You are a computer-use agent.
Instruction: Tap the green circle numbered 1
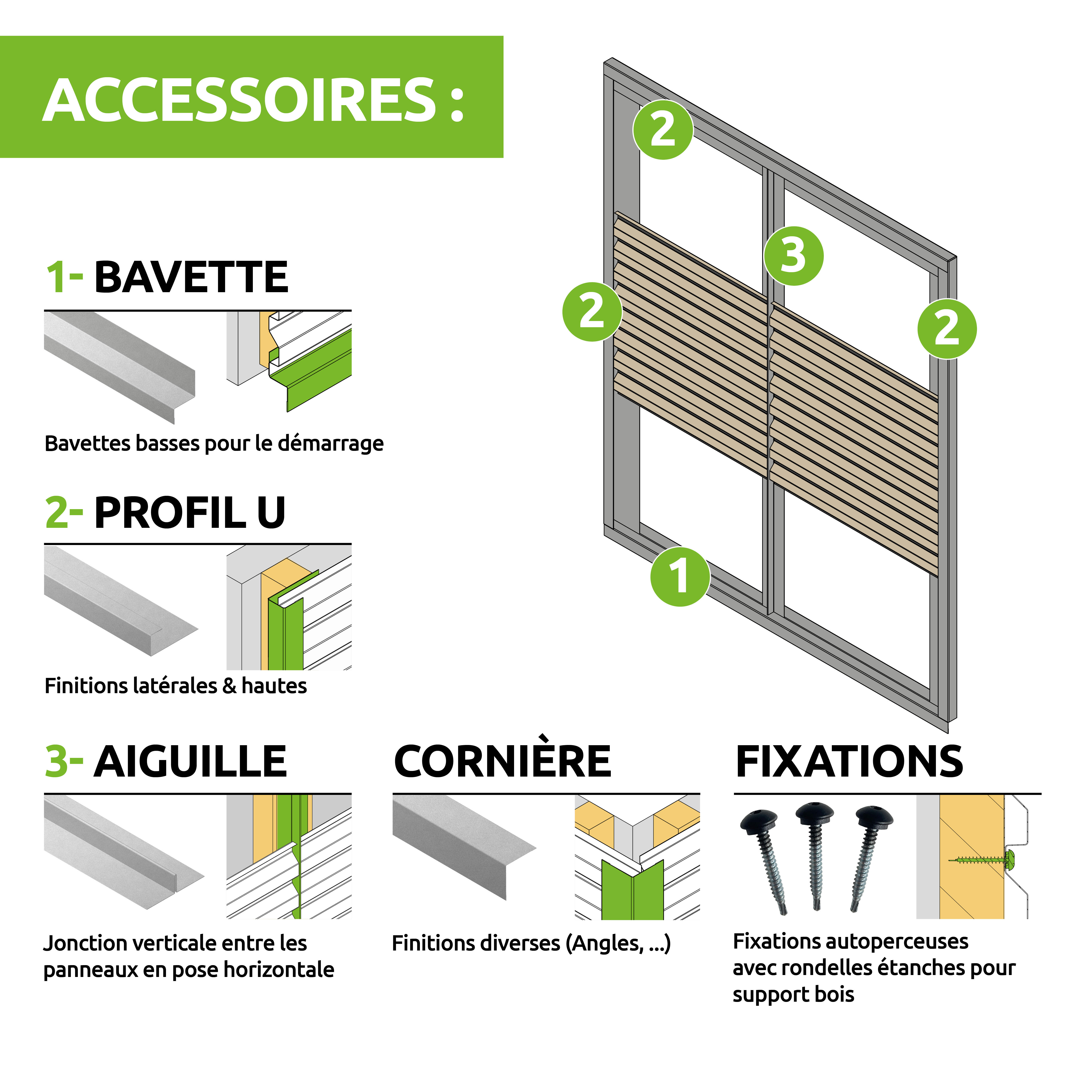point(680,576)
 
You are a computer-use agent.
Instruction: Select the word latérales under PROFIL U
point(175,685)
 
